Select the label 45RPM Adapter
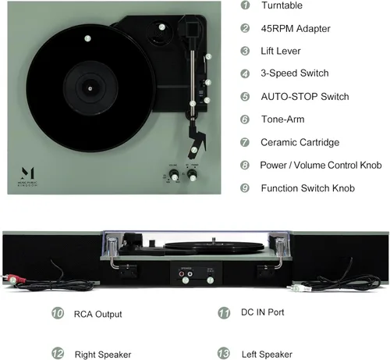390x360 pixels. [285, 28]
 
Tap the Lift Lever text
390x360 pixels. [281, 51]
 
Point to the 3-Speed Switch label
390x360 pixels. [294, 73]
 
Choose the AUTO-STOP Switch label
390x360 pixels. [304, 97]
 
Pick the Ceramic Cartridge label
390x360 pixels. [299, 142]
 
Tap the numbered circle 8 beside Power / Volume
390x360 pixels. [245, 166]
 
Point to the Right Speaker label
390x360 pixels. [103, 354]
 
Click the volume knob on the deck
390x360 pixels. [174, 176]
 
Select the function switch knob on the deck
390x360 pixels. [194, 176]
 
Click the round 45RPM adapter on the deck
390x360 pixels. [161, 27]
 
